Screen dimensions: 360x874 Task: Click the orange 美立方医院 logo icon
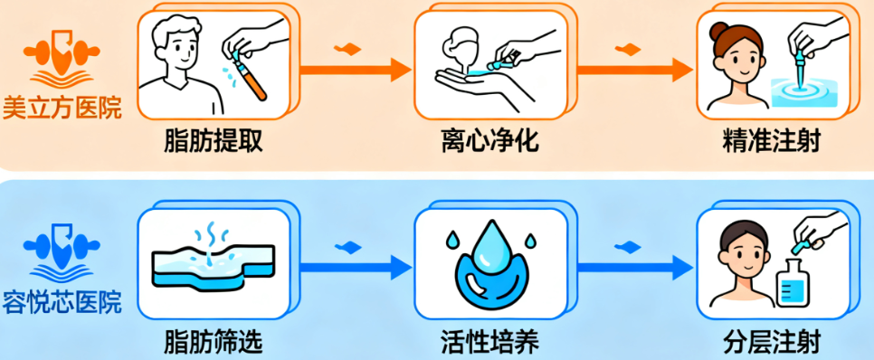(62, 59)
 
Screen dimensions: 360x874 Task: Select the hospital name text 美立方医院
(62, 108)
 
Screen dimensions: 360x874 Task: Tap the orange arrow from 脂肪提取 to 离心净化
(353, 68)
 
